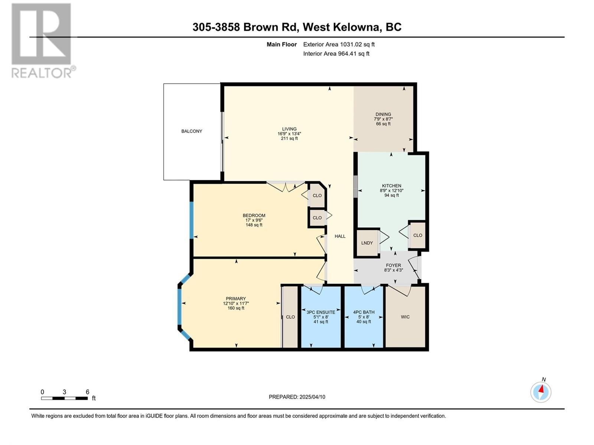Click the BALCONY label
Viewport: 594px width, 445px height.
click(192, 131)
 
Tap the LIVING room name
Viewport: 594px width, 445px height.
click(289, 129)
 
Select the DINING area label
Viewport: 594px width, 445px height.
click(383, 114)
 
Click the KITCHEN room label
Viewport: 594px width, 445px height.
click(392, 186)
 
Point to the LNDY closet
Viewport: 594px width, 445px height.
click(367, 243)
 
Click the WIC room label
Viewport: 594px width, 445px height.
click(405, 317)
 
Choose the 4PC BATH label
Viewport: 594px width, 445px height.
click(363, 312)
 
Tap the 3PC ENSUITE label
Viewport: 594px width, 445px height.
click(321, 312)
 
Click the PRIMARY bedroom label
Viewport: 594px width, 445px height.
click(236, 299)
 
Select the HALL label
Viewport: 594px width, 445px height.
click(340, 236)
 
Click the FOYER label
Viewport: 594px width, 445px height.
click(393, 265)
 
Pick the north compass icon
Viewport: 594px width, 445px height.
click(541, 392)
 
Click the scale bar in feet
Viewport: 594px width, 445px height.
click(65, 398)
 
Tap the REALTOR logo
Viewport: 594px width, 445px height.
click(42, 41)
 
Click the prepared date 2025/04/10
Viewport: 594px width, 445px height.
click(297, 397)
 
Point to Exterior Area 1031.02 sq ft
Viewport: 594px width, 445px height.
click(339, 44)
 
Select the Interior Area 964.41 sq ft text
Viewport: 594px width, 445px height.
click(336, 54)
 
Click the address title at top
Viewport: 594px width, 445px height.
click(297, 27)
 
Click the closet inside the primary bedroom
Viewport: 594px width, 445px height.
click(290, 317)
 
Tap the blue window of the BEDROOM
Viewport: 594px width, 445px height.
click(192, 220)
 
